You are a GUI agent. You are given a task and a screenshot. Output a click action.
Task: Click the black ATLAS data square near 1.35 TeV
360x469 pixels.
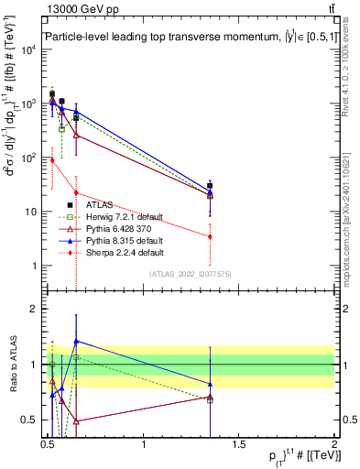(211, 186)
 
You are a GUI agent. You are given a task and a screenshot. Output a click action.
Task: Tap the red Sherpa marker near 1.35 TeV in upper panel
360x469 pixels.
(211, 236)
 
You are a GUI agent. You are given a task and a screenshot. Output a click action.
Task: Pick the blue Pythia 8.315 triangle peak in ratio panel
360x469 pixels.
(76, 341)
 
